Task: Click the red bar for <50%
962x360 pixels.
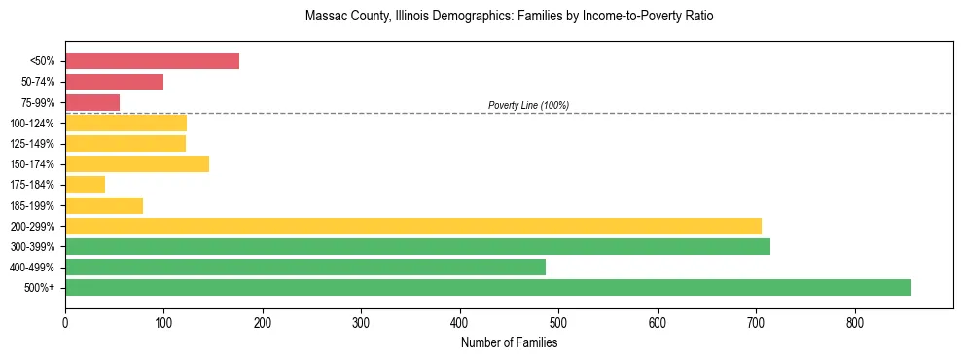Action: tap(152, 61)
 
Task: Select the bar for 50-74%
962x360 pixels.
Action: tap(114, 82)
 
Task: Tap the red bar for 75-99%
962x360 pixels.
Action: tap(92, 102)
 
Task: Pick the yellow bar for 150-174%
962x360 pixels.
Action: tap(137, 163)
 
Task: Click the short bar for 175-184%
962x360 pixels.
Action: tap(85, 185)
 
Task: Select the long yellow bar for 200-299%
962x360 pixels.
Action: tap(413, 226)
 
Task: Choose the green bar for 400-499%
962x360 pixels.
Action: tap(305, 267)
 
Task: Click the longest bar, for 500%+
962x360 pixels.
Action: tap(488, 287)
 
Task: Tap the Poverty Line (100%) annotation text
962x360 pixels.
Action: tap(528, 105)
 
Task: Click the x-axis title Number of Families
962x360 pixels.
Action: tap(509, 342)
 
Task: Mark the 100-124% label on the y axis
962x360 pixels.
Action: tap(36, 124)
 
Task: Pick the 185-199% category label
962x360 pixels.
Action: tap(36, 205)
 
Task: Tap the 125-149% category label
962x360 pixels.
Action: tap(36, 144)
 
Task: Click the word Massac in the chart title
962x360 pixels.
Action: tap(325, 17)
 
